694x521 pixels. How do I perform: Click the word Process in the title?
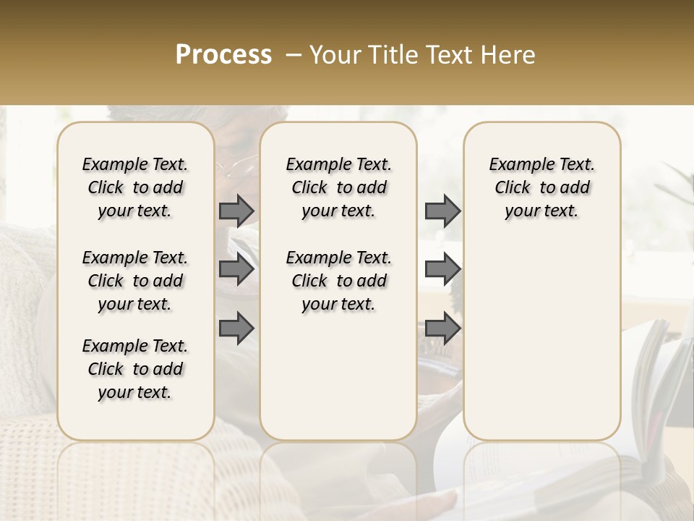(223, 55)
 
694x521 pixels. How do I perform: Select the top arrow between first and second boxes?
(236, 211)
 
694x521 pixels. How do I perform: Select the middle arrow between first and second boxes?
(236, 269)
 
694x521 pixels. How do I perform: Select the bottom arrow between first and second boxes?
(236, 329)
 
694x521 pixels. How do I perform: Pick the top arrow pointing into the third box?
(442, 211)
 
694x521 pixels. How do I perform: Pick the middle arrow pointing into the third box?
(442, 269)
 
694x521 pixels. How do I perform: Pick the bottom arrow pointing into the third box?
(442, 329)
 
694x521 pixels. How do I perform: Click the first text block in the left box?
(135, 187)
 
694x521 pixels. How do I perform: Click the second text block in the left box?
(135, 281)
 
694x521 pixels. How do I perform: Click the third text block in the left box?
(135, 369)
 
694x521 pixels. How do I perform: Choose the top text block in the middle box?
(338, 187)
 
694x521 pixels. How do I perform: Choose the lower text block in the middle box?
(338, 281)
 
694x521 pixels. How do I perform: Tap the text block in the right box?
(541, 187)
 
